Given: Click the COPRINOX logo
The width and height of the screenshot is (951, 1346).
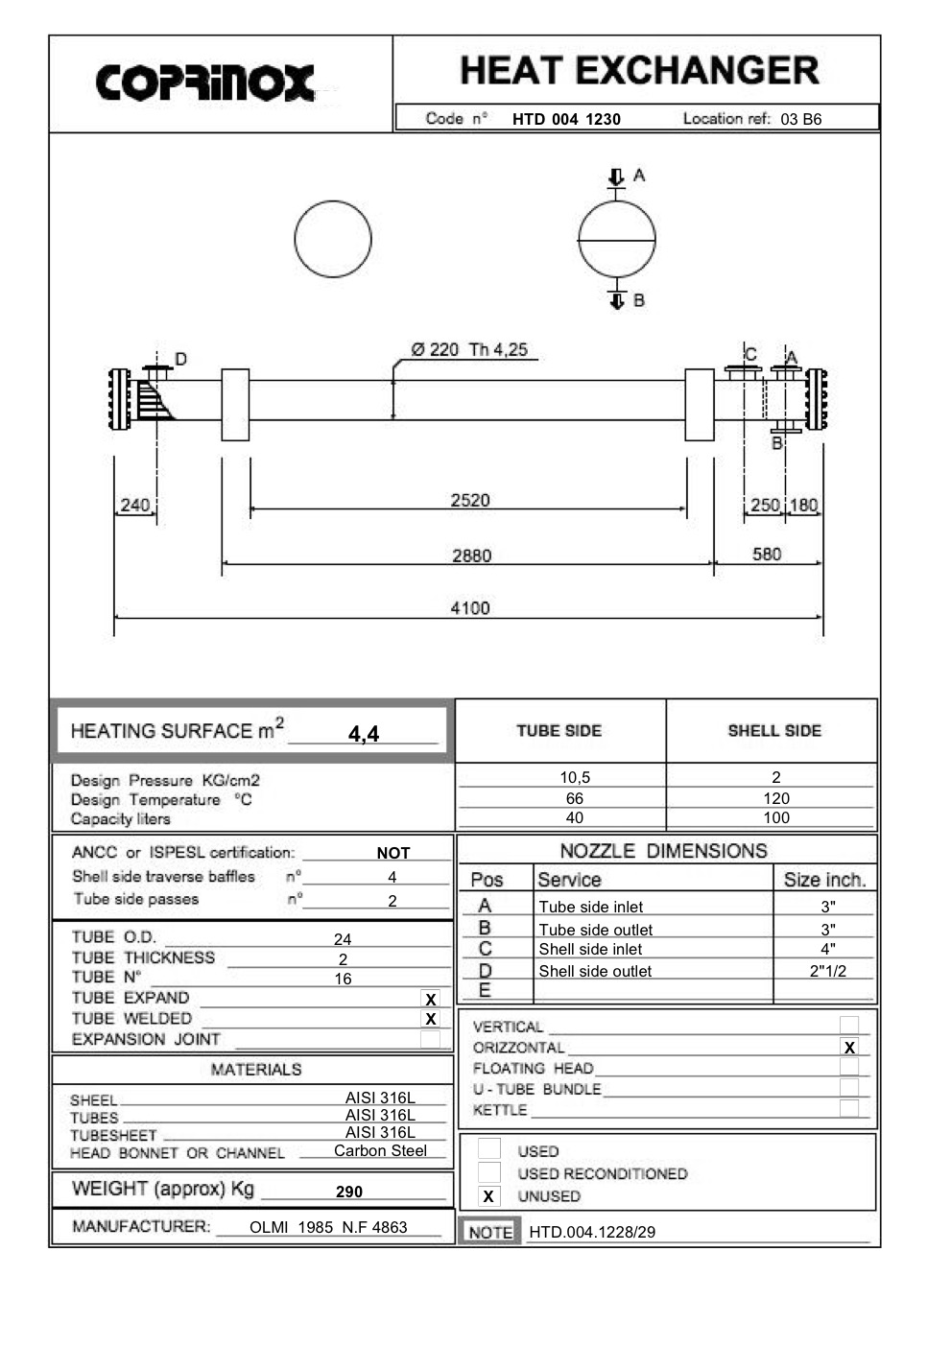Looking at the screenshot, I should (205, 83).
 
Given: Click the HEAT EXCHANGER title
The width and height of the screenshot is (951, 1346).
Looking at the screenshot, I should (639, 71).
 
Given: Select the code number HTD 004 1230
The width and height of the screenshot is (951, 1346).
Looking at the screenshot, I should (566, 119).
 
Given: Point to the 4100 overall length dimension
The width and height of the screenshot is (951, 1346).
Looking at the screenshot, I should (470, 608).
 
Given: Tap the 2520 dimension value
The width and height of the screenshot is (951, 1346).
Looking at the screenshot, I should (470, 500).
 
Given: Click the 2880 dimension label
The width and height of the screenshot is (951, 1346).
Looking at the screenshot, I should (471, 555).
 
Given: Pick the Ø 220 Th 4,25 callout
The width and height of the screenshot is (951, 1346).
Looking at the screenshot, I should (469, 350).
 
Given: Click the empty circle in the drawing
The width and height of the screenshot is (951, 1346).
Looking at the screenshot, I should (333, 239).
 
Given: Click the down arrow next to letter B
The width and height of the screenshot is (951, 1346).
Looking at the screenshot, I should (617, 300).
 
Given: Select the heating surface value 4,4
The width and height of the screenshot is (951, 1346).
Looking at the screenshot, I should (364, 734).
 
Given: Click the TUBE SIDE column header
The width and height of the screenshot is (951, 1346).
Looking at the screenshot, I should (559, 731).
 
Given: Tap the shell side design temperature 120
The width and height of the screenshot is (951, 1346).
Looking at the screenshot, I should (775, 798).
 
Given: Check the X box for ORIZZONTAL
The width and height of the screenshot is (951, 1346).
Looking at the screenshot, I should (849, 1048).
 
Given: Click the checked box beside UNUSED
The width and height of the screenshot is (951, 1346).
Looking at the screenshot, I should (488, 1196).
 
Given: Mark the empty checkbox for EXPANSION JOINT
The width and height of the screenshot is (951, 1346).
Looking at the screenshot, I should (431, 1039).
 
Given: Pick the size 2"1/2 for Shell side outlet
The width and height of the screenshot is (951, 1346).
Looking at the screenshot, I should (827, 971).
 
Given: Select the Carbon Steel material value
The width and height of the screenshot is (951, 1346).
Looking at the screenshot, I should (380, 1151).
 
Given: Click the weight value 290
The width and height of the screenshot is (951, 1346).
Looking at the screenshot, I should (349, 1192).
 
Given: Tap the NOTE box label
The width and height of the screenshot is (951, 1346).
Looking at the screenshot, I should (490, 1232).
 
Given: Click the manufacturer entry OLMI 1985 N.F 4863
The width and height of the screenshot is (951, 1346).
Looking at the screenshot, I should (328, 1227).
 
